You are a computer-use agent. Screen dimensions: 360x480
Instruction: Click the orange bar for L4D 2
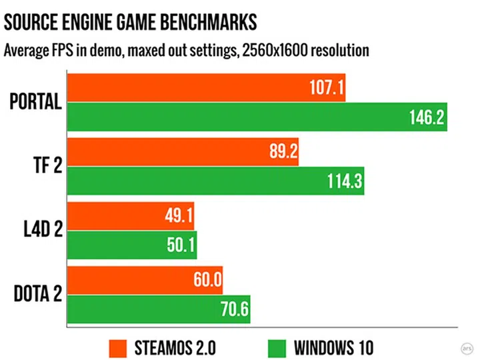(131, 216)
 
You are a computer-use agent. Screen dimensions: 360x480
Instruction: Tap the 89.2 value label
(279, 153)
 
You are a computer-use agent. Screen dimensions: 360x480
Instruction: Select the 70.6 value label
(231, 310)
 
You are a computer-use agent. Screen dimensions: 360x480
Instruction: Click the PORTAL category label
(36, 103)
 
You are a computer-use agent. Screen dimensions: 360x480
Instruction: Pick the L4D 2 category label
(41, 231)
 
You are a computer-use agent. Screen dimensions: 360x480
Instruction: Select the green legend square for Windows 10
(278, 347)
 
